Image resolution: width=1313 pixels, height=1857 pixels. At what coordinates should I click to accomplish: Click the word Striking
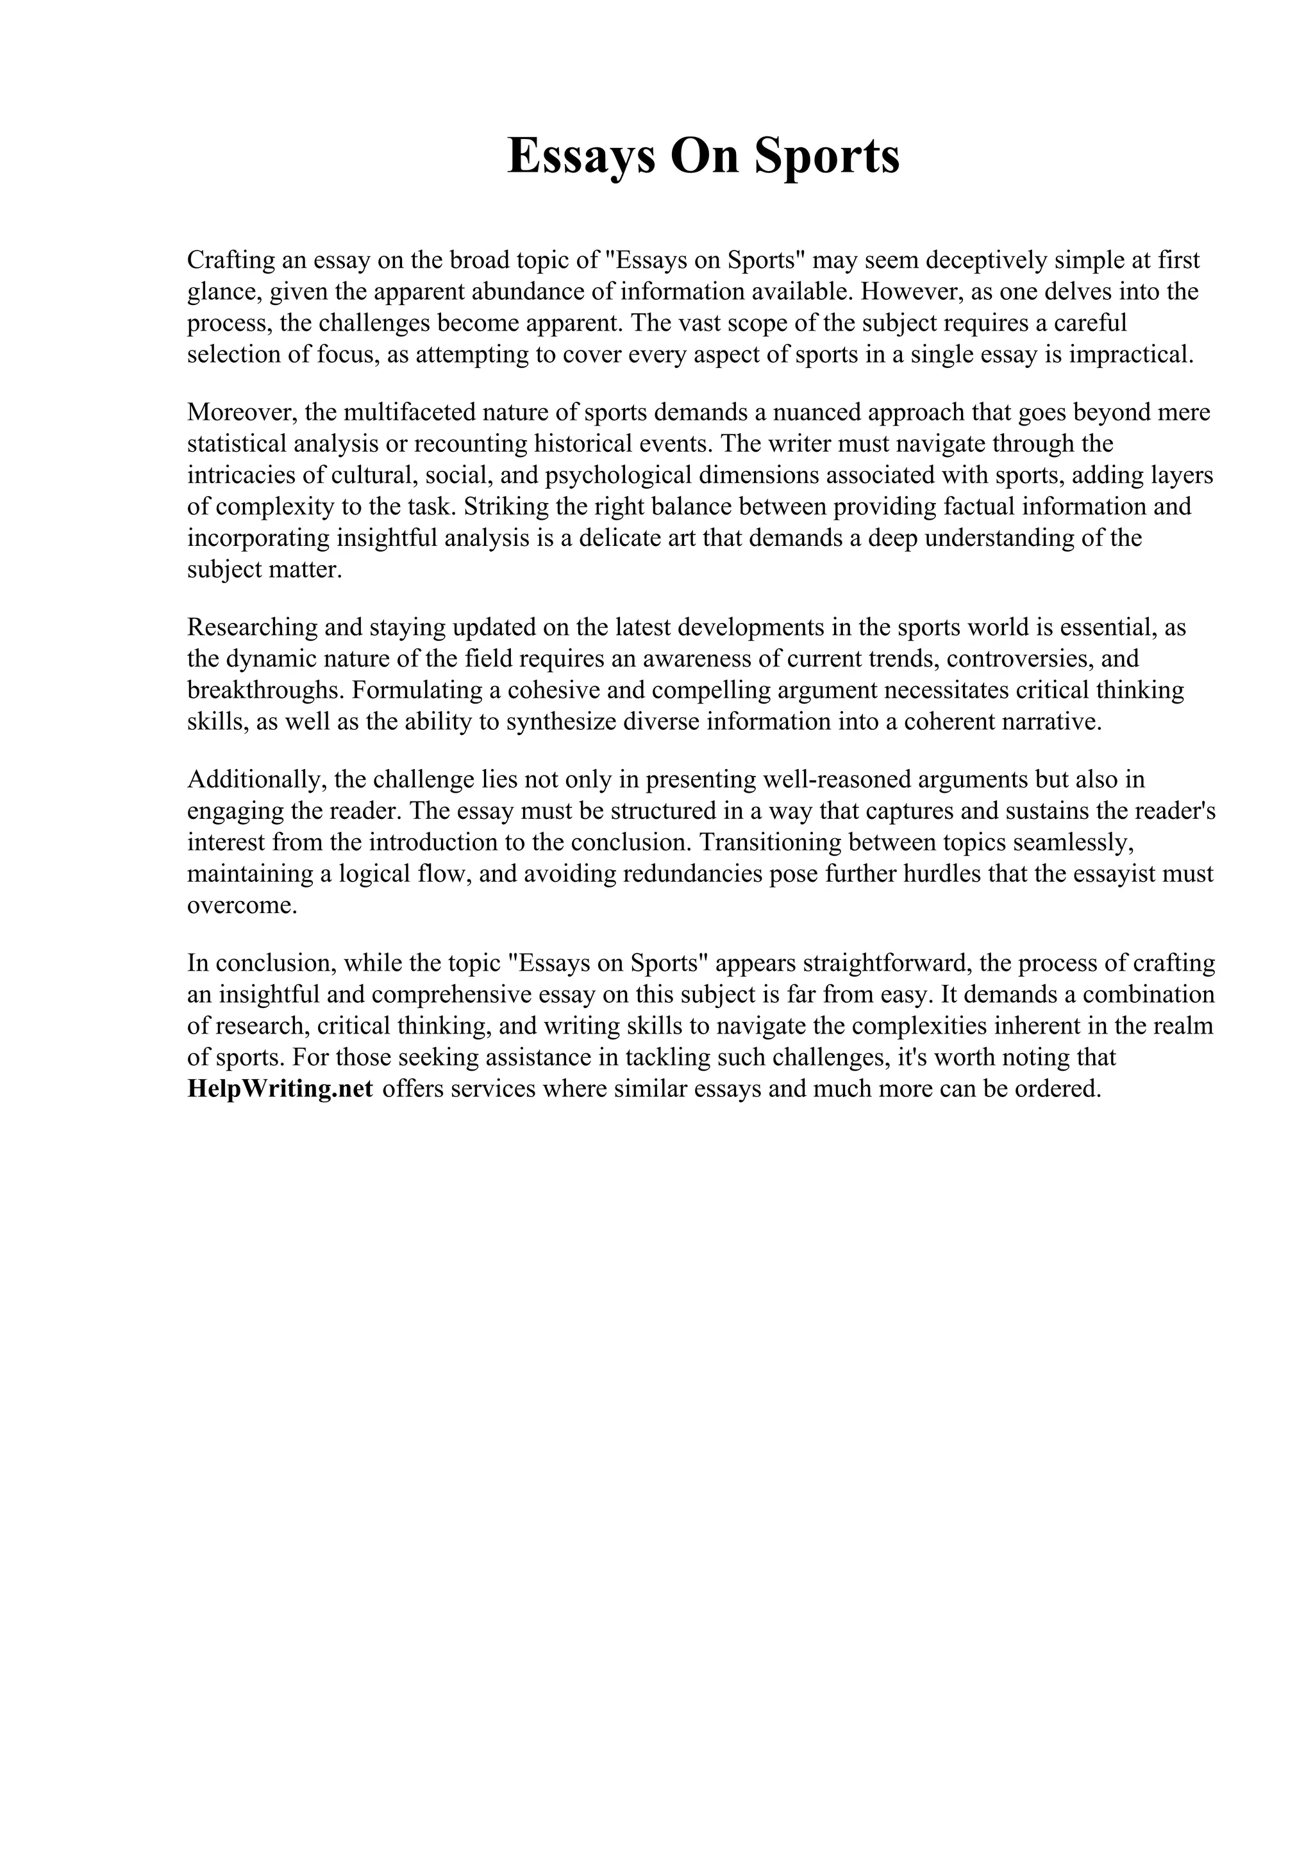coord(498,507)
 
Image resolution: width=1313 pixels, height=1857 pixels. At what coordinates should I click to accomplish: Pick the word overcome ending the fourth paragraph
coord(241,906)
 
